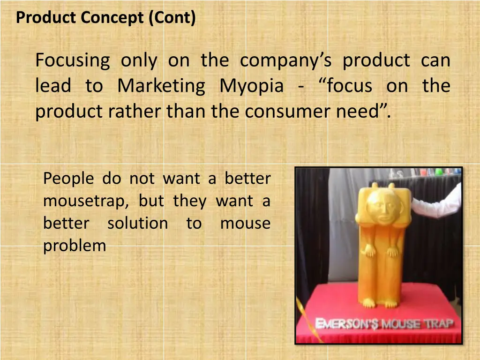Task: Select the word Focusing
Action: tap(73, 61)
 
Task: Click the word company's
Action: tap(286, 61)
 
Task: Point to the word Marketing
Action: tap(161, 86)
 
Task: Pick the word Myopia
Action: tap(251, 86)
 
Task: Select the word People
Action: tap(68, 179)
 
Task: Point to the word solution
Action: tap(137, 223)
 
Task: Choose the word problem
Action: tap(75, 245)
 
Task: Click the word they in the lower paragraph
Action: tap(189, 201)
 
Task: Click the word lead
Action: tap(53, 86)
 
